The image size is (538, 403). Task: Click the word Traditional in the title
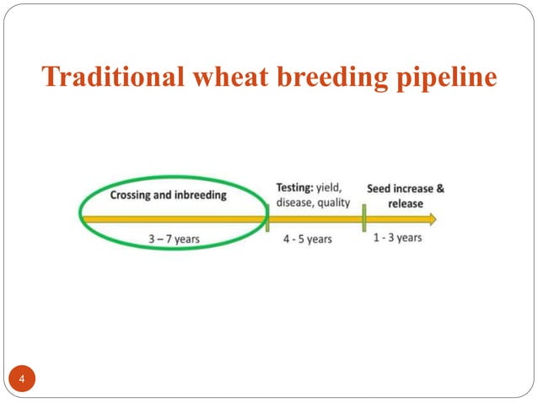(114, 78)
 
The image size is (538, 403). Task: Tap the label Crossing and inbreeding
(168, 195)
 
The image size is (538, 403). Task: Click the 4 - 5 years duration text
(307, 239)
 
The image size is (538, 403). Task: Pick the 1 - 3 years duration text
(397, 238)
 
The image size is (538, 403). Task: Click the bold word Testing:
(295, 187)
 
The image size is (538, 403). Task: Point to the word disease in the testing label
(296, 201)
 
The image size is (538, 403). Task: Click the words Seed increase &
(406, 188)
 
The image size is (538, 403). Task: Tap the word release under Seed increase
(406, 203)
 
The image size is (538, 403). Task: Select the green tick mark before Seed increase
(363, 219)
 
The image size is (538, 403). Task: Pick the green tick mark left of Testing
(266, 219)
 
